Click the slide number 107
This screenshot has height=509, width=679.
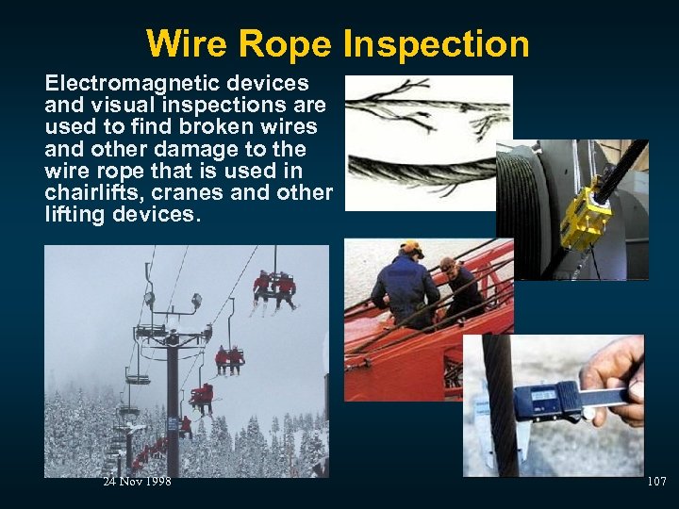[x=656, y=482]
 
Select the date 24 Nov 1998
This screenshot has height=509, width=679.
[x=137, y=482]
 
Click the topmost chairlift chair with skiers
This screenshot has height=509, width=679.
[x=273, y=287]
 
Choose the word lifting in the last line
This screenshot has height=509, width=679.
[x=75, y=214]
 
